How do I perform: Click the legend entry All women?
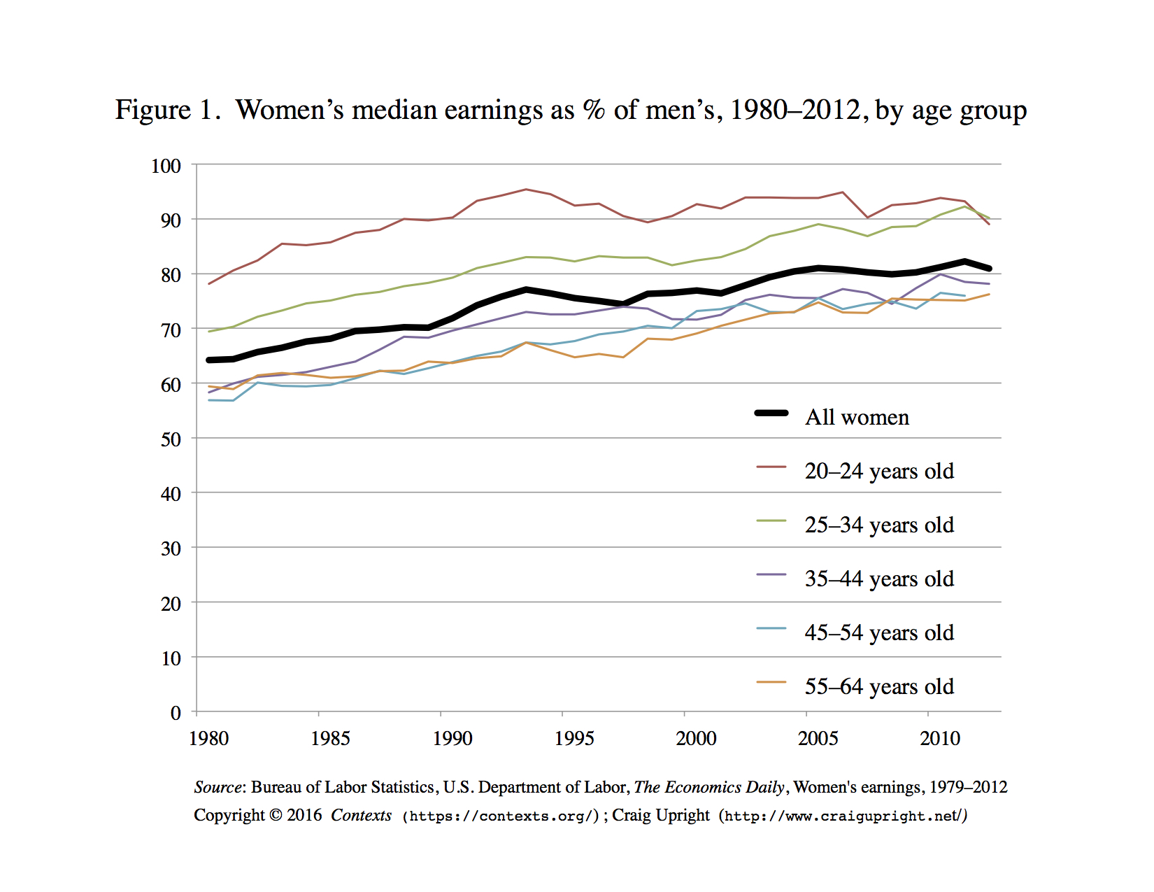[857, 417]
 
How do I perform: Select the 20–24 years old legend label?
[879, 471]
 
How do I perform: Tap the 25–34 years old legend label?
[879, 525]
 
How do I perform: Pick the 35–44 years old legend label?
[879, 579]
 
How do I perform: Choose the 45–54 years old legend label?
[879, 632]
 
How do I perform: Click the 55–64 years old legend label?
[879, 686]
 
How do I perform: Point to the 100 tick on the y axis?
[166, 166]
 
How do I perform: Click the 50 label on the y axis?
[171, 439]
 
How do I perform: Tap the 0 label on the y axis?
[176, 713]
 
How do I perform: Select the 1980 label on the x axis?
[208, 739]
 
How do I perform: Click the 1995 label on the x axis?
[574, 739]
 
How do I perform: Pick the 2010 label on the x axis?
[939, 739]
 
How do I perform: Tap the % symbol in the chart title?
[594, 111]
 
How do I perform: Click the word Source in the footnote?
[218, 787]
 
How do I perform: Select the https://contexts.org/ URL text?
[501, 816]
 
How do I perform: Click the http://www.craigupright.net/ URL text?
[843, 816]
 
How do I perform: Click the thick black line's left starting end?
[210, 360]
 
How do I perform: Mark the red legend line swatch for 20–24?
[771, 467]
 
